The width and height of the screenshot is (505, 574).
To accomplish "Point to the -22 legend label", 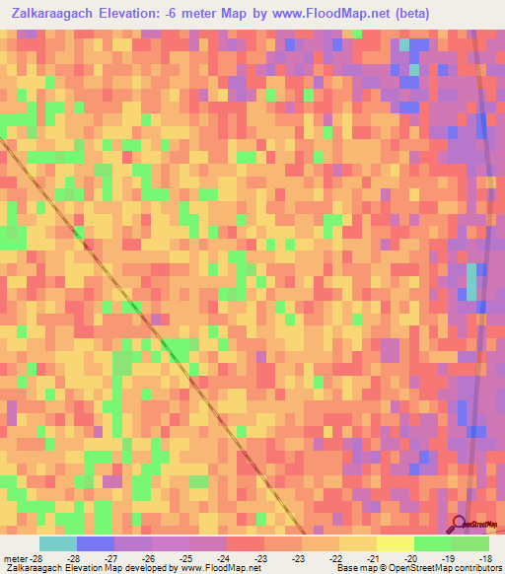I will coord(335,557).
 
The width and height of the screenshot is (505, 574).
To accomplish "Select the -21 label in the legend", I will coord(373,557).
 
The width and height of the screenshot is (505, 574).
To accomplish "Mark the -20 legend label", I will coord(410,557).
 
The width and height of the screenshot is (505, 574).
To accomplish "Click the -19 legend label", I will coord(448,557).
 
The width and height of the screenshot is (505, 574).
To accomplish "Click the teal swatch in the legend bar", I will coord(58,543).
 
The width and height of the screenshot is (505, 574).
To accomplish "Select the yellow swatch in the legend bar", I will coord(395,543).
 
